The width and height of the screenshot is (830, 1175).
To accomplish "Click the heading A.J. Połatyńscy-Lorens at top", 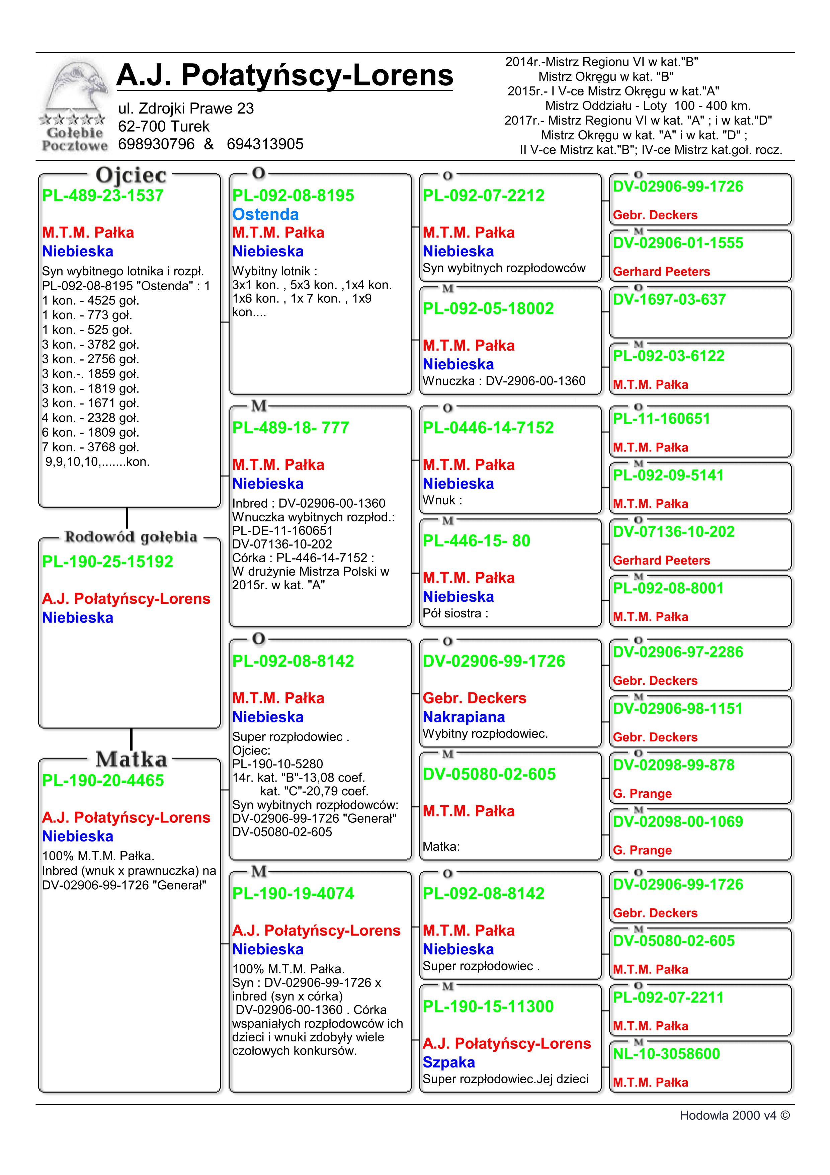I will click(284, 75).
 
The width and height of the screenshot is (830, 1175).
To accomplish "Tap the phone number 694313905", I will click(265, 144).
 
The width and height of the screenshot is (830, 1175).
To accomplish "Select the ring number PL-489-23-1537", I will click(103, 196).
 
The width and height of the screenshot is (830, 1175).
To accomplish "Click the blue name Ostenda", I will click(265, 214).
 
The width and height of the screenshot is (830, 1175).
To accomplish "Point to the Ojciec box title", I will click(131, 175).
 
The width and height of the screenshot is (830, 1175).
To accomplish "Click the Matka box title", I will click(131, 759).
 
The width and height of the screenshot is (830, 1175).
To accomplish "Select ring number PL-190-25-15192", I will click(107, 562).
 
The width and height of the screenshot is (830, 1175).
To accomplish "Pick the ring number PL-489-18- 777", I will click(290, 428).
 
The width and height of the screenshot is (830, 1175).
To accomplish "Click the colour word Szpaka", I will click(448, 1062).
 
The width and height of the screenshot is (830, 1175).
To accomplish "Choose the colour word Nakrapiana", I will click(464, 717).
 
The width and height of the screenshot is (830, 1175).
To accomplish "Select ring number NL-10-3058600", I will click(666, 1054).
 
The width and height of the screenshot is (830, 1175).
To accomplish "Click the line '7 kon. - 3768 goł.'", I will click(90, 447).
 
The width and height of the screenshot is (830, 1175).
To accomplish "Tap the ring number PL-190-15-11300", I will click(488, 1007).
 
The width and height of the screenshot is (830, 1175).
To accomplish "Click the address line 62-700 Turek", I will click(164, 126).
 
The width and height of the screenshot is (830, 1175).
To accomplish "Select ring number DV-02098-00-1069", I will click(678, 821).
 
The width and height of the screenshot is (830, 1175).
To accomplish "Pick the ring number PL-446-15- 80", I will click(476, 541).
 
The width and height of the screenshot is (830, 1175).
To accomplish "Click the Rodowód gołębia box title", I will click(131, 537).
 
